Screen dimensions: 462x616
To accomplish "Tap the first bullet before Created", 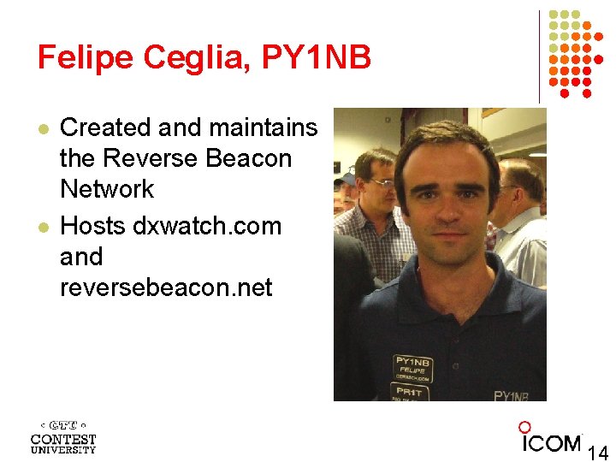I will [42, 127].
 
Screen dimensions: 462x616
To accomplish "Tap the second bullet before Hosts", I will [42, 227].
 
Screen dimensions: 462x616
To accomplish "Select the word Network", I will [107, 189].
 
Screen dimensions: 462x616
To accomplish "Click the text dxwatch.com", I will [207, 227].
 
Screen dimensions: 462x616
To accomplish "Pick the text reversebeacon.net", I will [166, 287].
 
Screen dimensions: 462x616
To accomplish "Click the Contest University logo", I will [63, 437].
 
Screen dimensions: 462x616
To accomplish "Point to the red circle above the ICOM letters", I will [525, 427].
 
